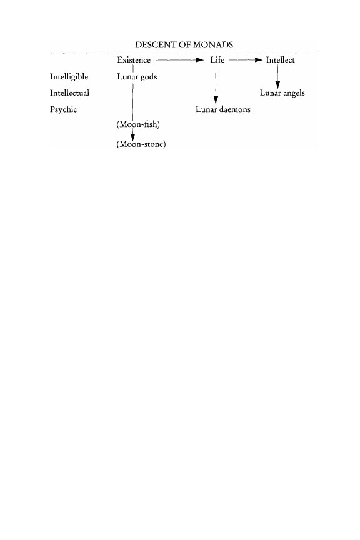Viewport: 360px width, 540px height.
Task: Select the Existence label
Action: (134, 60)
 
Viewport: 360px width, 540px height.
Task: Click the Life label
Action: (217, 60)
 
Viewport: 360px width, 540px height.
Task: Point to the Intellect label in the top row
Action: (281, 60)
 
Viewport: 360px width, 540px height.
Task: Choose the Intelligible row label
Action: (69, 77)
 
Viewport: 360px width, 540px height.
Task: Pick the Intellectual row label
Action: (69, 93)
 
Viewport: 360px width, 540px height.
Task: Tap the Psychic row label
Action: (63, 109)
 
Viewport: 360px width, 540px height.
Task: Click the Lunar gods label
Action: (137, 77)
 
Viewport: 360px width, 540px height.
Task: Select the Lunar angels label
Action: (282, 93)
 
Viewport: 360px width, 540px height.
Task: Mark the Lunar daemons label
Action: (223, 109)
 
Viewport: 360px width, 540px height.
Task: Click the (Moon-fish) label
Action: (138, 124)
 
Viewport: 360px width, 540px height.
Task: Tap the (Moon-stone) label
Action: (141, 144)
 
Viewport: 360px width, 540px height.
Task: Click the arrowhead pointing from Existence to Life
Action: (200, 60)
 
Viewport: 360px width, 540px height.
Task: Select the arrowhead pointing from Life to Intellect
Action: (259, 60)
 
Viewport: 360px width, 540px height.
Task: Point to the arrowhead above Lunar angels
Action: (277, 85)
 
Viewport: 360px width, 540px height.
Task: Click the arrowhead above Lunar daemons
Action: (216, 99)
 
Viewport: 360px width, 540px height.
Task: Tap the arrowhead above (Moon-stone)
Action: (133, 137)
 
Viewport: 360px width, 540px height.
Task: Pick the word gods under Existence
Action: (149, 77)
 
